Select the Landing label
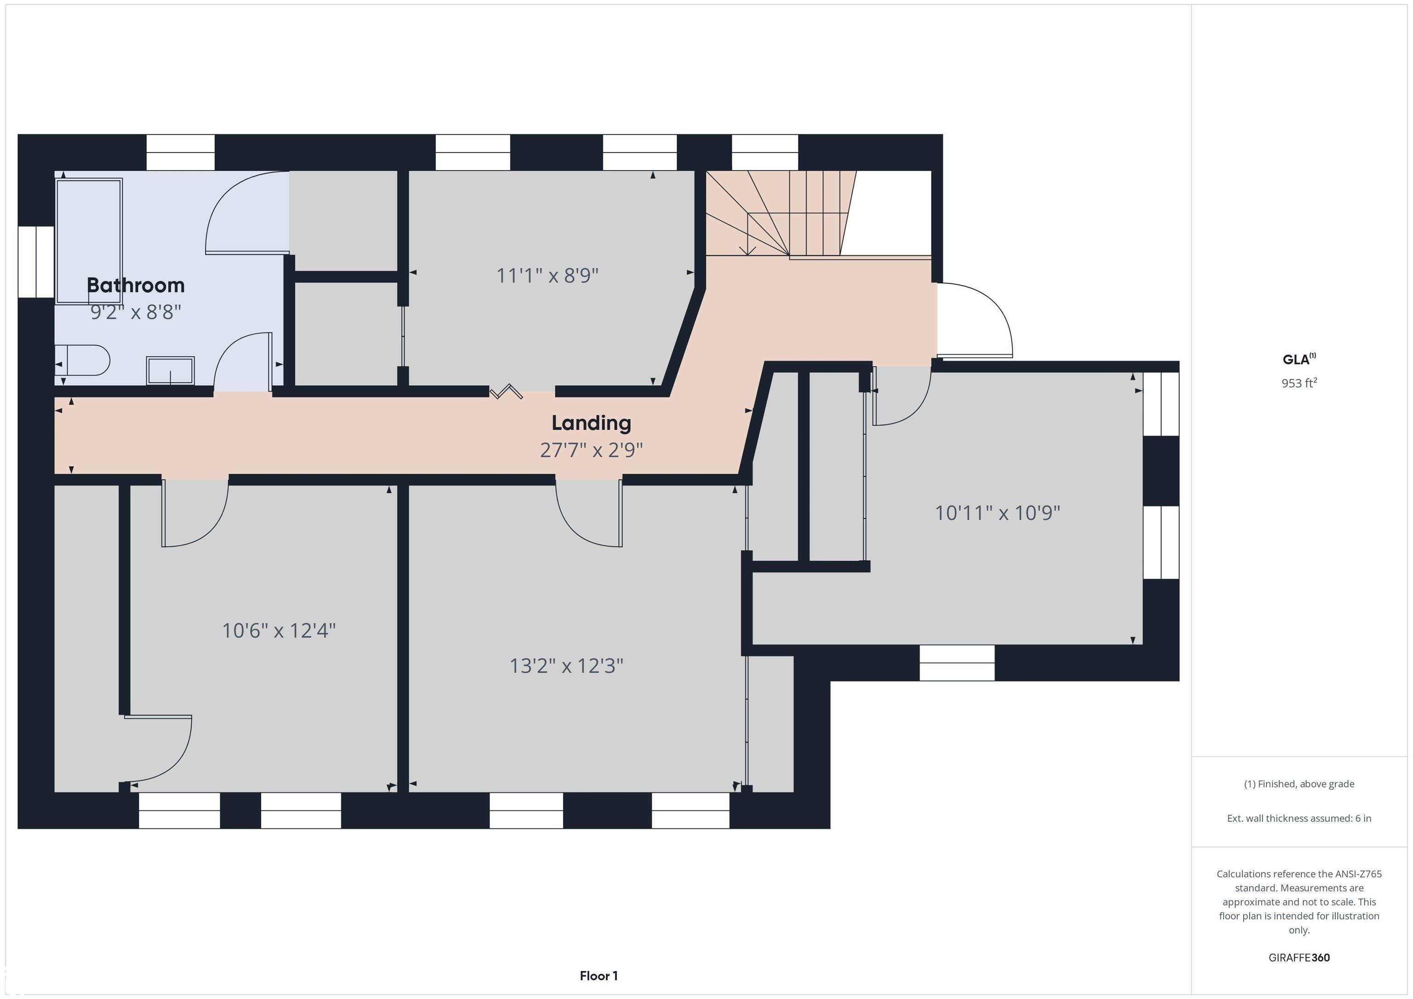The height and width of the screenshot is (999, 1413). click(591, 423)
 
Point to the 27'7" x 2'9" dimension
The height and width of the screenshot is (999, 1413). click(591, 450)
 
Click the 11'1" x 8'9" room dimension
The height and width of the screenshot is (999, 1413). click(547, 275)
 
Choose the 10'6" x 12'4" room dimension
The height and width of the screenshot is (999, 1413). click(278, 631)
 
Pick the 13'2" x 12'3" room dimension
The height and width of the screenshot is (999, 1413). click(566, 666)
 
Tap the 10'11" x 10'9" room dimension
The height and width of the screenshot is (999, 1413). click(997, 513)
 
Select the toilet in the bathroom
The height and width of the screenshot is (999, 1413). click(82, 360)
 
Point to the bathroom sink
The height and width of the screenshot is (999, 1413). click(171, 371)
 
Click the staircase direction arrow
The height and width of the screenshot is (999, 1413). click(748, 234)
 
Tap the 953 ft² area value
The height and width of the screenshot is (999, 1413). click(1299, 382)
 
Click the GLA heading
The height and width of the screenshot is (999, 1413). click(1299, 359)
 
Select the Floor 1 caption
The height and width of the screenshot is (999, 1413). click(598, 976)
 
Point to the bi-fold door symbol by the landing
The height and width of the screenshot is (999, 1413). click(506, 391)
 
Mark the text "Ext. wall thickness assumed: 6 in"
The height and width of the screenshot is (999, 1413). click(1299, 818)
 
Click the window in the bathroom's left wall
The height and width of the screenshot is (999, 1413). click(36, 262)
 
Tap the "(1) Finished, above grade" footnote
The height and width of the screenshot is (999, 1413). click(1299, 784)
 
